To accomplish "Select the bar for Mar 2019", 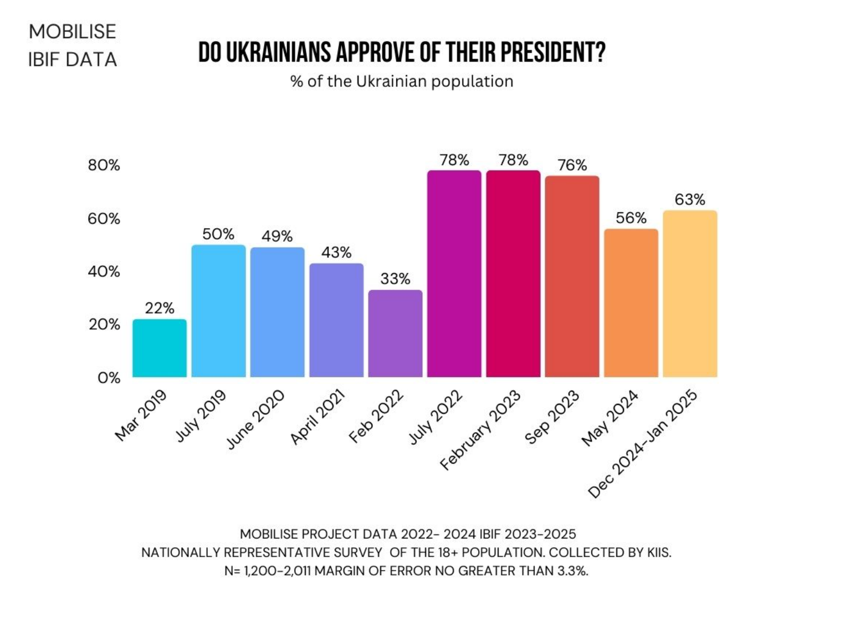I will pyautogui.click(x=160, y=348).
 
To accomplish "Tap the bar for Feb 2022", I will pyautogui.click(x=395, y=333).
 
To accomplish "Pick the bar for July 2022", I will pyautogui.click(x=454, y=274).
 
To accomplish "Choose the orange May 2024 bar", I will pyautogui.click(x=631, y=303).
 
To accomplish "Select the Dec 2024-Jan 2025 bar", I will pyautogui.click(x=690, y=294).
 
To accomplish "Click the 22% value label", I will pyautogui.click(x=160, y=308).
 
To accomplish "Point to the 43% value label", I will pyautogui.click(x=336, y=253).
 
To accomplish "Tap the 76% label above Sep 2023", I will pyautogui.click(x=572, y=165).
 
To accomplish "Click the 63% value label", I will pyautogui.click(x=690, y=199).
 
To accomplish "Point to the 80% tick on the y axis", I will pyautogui.click(x=104, y=165).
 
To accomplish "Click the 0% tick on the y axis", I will pyautogui.click(x=109, y=378).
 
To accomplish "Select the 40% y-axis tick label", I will pyautogui.click(x=104, y=271).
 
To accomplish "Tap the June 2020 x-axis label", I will pyautogui.click(x=255, y=419).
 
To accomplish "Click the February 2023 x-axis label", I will pyautogui.click(x=480, y=430).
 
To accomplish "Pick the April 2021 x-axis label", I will pyautogui.click(x=318, y=417).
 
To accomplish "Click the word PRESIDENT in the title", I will pyautogui.click(x=552, y=53).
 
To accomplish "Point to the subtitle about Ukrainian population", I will pyautogui.click(x=402, y=81).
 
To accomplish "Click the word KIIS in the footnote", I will pyautogui.click(x=659, y=552).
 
